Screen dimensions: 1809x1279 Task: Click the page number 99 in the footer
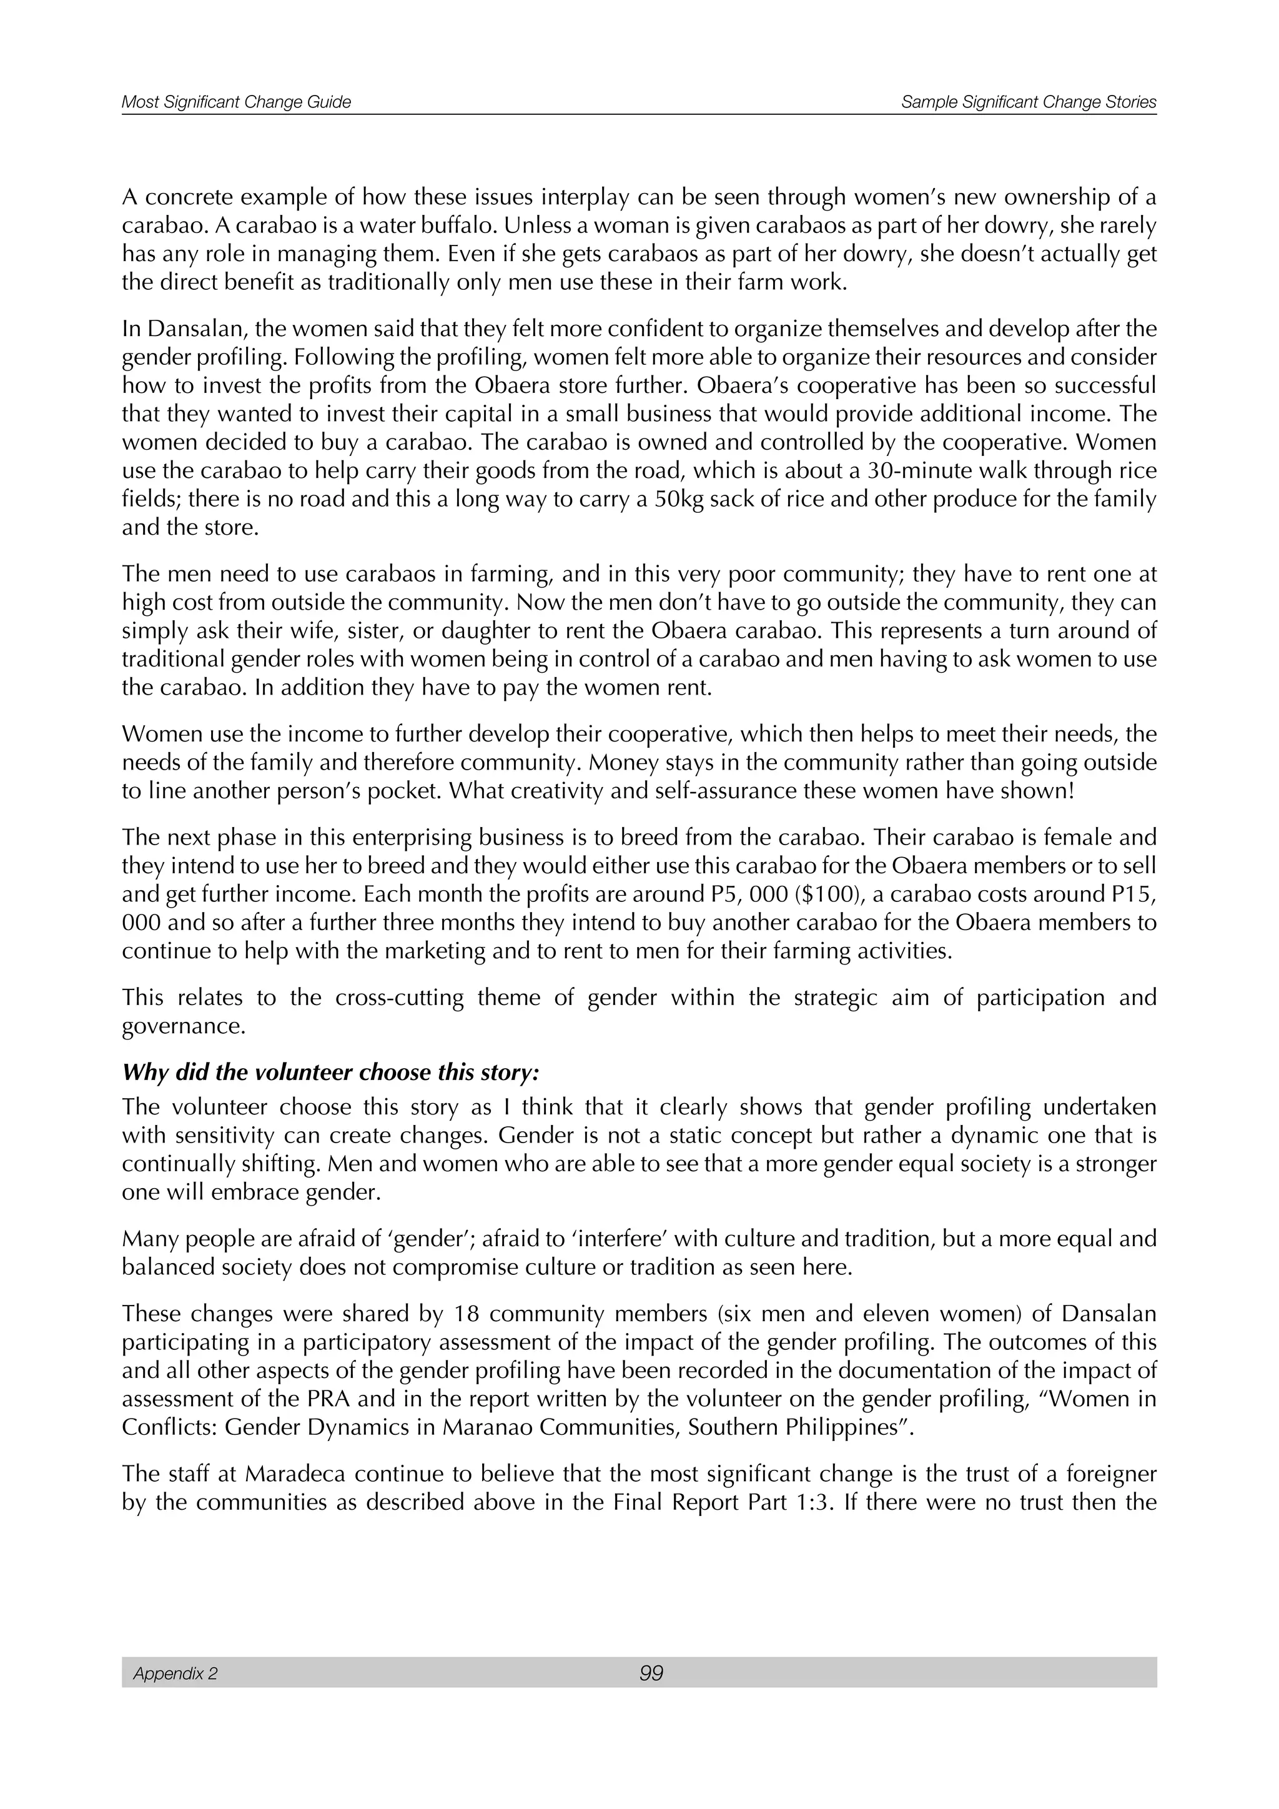pyautogui.click(x=651, y=1673)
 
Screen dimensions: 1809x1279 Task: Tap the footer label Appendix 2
pyautogui.click(x=175, y=1673)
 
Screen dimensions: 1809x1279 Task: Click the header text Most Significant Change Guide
pyautogui.click(x=236, y=102)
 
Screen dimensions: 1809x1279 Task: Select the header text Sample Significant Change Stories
pyautogui.click(x=1029, y=102)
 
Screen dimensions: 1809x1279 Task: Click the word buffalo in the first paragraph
pyautogui.click(x=456, y=226)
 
